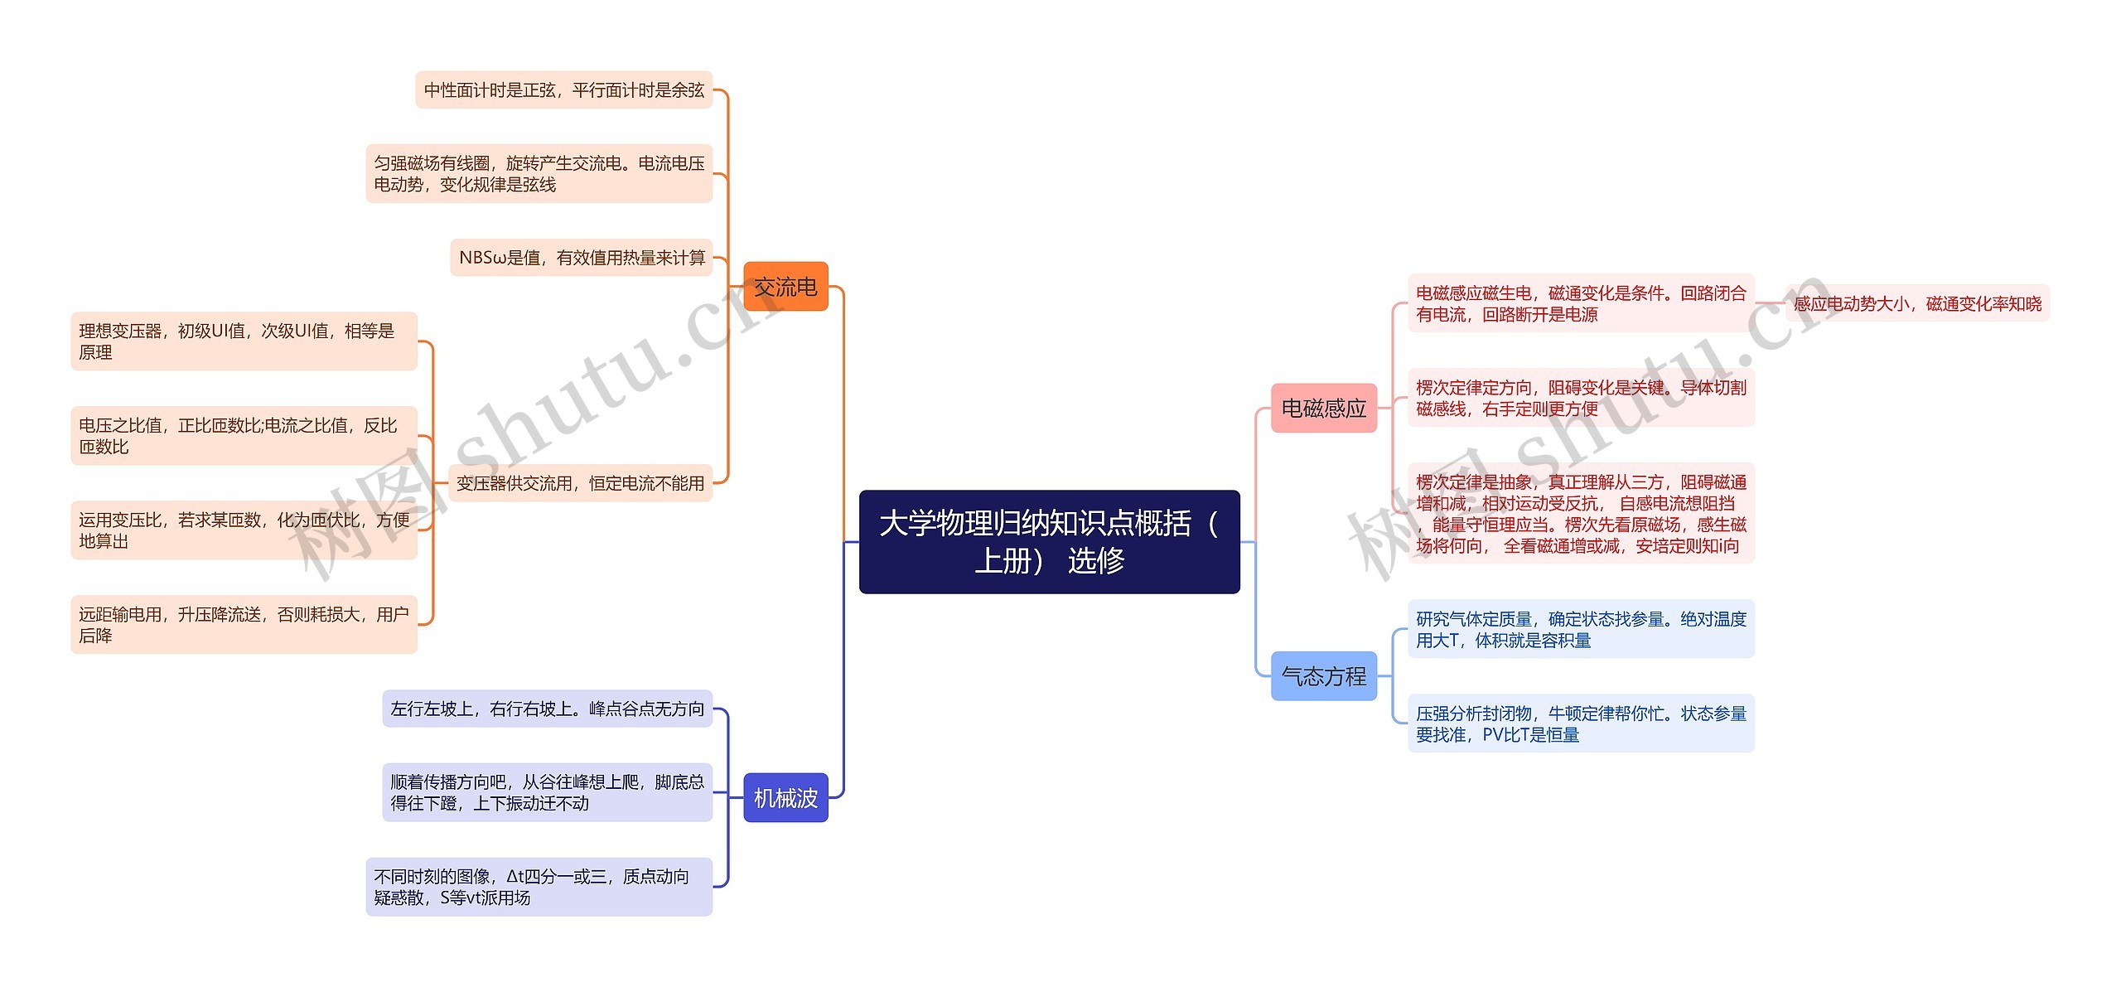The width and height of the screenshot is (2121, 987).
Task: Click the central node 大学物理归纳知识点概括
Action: (1049, 541)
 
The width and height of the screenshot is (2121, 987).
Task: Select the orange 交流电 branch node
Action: (785, 287)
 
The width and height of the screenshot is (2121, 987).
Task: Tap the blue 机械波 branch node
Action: (785, 797)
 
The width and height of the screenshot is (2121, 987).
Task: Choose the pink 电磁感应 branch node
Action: (1323, 408)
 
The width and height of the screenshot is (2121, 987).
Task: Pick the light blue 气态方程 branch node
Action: (1323, 676)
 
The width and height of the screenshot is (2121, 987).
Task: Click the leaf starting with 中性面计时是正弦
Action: (563, 90)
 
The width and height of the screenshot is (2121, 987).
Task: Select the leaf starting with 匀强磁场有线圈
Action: (539, 173)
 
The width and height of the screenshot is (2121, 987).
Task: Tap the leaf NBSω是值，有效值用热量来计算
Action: (581, 258)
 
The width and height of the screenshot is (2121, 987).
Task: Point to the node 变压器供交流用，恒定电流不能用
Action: (580, 483)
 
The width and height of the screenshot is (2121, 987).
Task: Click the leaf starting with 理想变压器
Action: (244, 341)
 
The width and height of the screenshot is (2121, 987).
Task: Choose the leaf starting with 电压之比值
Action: (244, 436)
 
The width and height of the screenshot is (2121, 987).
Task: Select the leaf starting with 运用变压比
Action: (244, 530)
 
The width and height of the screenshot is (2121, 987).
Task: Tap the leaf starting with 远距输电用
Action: (244, 625)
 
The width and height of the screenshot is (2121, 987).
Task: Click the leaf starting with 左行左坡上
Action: (547, 709)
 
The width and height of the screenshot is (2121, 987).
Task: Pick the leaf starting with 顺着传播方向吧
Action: (547, 792)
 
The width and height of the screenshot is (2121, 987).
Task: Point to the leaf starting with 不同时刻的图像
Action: (539, 887)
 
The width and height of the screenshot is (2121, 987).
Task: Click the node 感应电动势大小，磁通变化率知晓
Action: (1917, 304)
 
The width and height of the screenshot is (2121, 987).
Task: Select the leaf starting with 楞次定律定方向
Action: (1581, 398)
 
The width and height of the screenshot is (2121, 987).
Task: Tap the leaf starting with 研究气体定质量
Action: (1581, 629)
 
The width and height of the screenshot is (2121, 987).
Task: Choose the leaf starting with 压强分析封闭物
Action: (1581, 723)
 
